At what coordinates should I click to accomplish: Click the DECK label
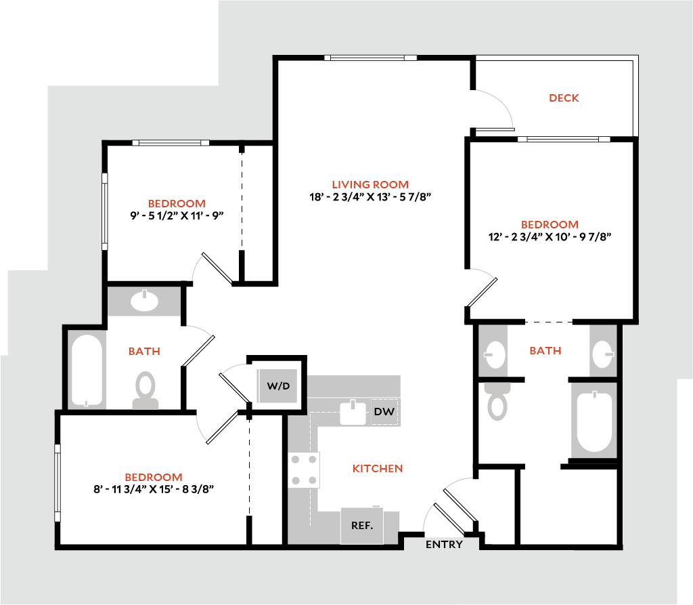coord(564,98)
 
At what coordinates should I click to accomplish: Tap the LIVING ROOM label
coord(370,184)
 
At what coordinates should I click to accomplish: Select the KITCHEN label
coord(378,468)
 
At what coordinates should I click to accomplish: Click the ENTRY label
coord(444,545)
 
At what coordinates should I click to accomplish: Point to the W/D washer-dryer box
coord(278,386)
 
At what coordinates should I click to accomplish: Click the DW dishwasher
coord(384,412)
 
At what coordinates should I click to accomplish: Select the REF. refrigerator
coord(362,525)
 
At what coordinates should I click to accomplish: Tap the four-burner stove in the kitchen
coord(304,470)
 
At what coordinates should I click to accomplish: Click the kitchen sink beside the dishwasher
coord(353,412)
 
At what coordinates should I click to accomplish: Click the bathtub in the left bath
coord(87,371)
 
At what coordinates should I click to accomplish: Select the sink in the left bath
coord(145,301)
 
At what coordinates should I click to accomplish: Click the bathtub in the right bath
coord(594,421)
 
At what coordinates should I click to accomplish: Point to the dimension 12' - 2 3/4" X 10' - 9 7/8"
coord(550,236)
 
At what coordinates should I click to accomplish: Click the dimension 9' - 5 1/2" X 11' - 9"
coord(177,215)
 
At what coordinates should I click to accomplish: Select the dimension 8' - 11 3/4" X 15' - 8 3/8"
coord(154,489)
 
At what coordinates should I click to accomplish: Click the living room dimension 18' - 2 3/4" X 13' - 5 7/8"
coord(370,197)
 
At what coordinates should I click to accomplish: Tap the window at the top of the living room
coord(371,58)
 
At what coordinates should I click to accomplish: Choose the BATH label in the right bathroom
coord(545,350)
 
